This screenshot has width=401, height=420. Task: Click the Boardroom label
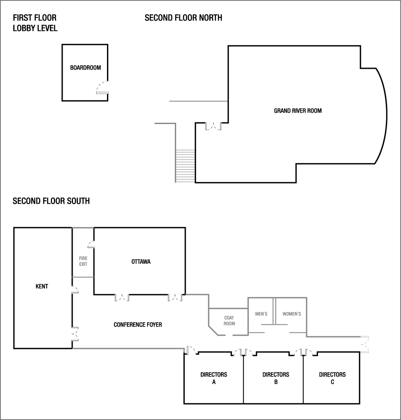(x=85, y=67)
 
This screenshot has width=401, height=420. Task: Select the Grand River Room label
(x=297, y=111)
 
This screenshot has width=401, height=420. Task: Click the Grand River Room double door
(x=214, y=126)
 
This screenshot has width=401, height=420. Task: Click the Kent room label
(x=42, y=286)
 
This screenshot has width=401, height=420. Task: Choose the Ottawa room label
(x=141, y=262)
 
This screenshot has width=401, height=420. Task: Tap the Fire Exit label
(x=83, y=261)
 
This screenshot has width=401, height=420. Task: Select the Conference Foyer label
(x=137, y=325)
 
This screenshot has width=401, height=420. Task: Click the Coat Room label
(x=229, y=320)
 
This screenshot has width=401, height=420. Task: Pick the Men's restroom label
(x=261, y=314)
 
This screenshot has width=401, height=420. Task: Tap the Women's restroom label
(x=291, y=314)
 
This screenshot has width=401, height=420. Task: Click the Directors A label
(x=214, y=378)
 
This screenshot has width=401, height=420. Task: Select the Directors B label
(x=276, y=378)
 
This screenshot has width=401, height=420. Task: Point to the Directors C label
(x=332, y=378)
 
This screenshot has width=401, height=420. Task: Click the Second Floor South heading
(x=51, y=201)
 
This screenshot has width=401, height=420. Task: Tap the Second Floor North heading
(x=184, y=18)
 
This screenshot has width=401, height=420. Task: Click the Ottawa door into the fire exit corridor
(x=91, y=244)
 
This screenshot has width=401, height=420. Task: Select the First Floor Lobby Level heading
(x=35, y=23)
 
